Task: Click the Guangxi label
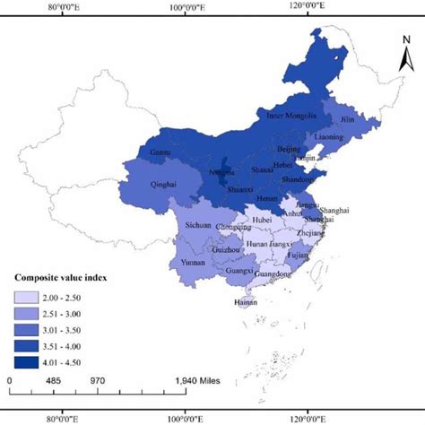pyautogui.click(x=240, y=270)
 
